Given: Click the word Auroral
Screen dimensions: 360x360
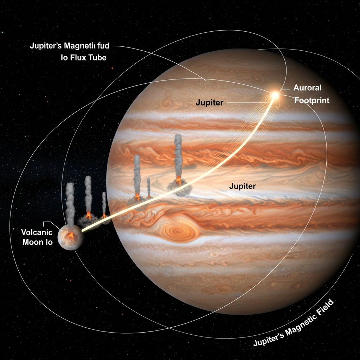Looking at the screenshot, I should [x=307, y=88].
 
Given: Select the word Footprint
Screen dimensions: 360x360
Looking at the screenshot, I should [x=311, y=101].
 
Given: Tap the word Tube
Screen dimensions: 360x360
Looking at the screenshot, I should [x=97, y=58].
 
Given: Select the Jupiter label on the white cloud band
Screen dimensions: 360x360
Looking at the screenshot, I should [x=242, y=186].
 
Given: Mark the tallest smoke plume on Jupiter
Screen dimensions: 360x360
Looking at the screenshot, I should [x=178, y=155].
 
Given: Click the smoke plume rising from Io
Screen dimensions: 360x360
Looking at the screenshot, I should [x=70, y=204].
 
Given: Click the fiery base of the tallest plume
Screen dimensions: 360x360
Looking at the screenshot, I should [x=179, y=180].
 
